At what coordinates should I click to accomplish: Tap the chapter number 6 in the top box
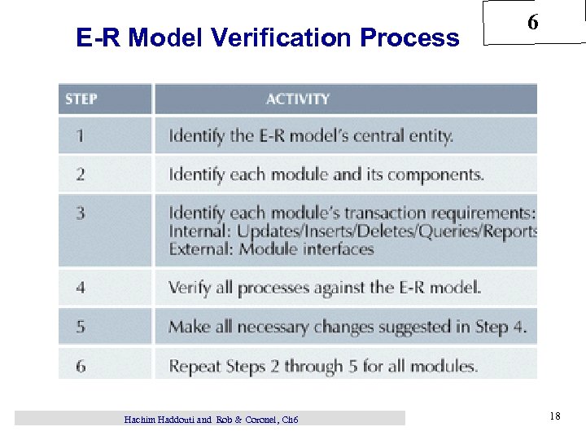(x=532, y=23)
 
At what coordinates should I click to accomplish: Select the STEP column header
(x=81, y=99)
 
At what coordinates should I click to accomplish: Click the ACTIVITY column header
(x=298, y=99)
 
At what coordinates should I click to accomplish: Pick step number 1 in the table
(x=80, y=135)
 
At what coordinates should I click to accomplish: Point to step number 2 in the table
(x=80, y=174)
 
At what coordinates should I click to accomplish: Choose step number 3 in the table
(x=80, y=213)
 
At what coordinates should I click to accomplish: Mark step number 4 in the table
(x=80, y=287)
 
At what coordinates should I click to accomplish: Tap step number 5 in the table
(x=80, y=327)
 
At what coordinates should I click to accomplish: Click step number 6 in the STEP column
(x=80, y=366)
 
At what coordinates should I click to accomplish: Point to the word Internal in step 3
(x=200, y=231)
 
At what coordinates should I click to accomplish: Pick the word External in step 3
(x=201, y=249)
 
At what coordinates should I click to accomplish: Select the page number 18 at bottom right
(x=554, y=417)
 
